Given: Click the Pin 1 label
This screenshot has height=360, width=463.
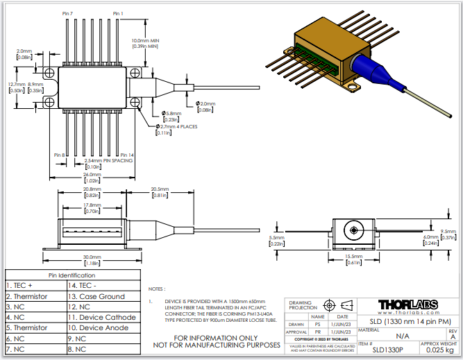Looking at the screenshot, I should tap(117, 13).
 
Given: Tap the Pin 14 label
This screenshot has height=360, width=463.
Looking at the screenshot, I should tap(126, 155).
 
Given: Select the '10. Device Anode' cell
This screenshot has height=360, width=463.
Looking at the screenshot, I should tap(105, 327).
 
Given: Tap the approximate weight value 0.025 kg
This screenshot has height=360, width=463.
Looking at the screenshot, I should tap(439, 350).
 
